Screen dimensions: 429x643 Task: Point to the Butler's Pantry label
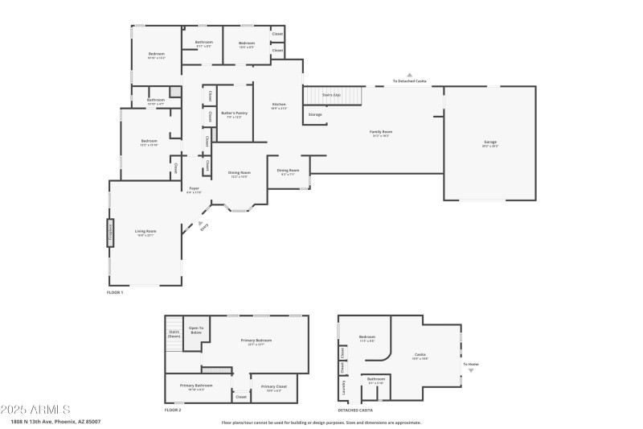[234, 114]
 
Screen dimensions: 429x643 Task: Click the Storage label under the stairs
[315, 114]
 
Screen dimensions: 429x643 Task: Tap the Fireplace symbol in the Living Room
[110, 233]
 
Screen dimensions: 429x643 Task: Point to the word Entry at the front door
[203, 228]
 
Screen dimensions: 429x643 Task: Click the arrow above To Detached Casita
[409, 75]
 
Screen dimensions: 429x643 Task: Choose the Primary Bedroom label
[256, 341]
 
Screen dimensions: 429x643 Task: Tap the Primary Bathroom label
[196, 386]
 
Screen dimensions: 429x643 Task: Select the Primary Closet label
[273, 386]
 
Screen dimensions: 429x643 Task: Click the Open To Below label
[195, 330]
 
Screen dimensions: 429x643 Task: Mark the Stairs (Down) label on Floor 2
[174, 334]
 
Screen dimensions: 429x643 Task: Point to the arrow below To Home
[471, 370]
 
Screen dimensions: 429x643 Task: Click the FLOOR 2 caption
[173, 410]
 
